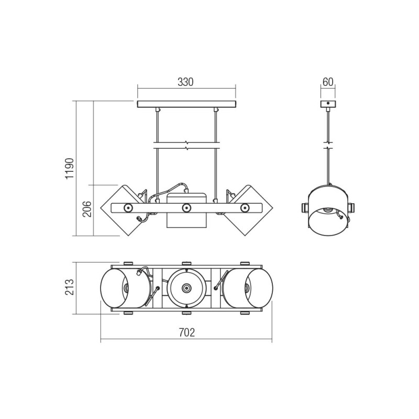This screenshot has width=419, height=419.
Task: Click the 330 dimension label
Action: (x=185, y=82)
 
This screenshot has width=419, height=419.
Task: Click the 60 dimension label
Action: (x=328, y=82)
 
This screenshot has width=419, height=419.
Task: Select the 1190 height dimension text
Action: (x=70, y=168)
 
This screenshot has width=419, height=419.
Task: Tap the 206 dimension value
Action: (x=87, y=209)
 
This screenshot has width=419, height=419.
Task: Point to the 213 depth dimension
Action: (x=70, y=287)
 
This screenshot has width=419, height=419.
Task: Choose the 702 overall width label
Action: (x=187, y=333)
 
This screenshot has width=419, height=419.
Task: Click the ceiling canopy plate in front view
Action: (x=187, y=104)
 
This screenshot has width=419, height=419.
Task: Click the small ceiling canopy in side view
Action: (x=328, y=104)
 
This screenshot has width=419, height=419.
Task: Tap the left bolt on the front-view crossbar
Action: (x=127, y=207)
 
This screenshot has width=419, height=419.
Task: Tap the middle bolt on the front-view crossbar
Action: (x=186, y=207)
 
